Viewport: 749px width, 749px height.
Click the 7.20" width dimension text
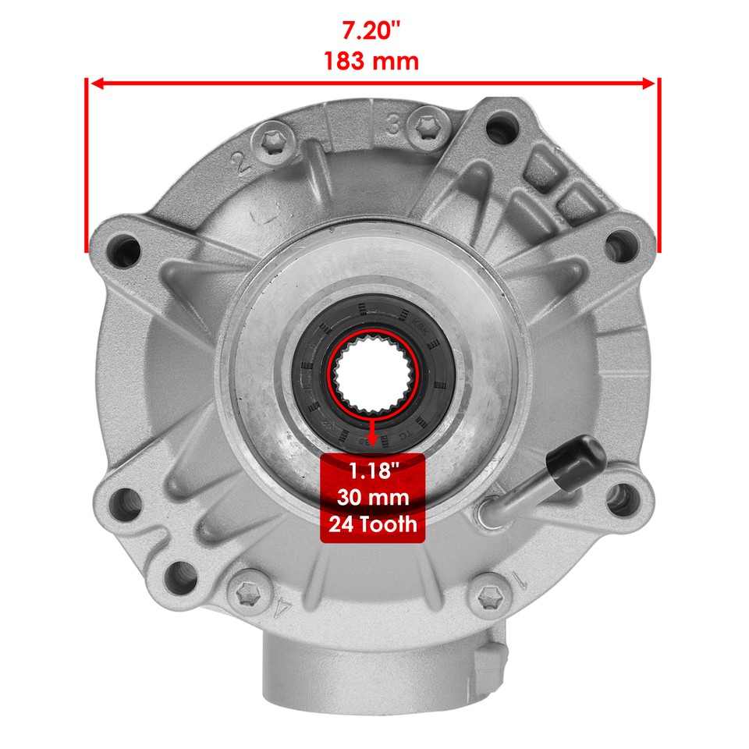click(x=372, y=31)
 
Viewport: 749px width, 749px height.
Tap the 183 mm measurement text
click(x=372, y=61)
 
